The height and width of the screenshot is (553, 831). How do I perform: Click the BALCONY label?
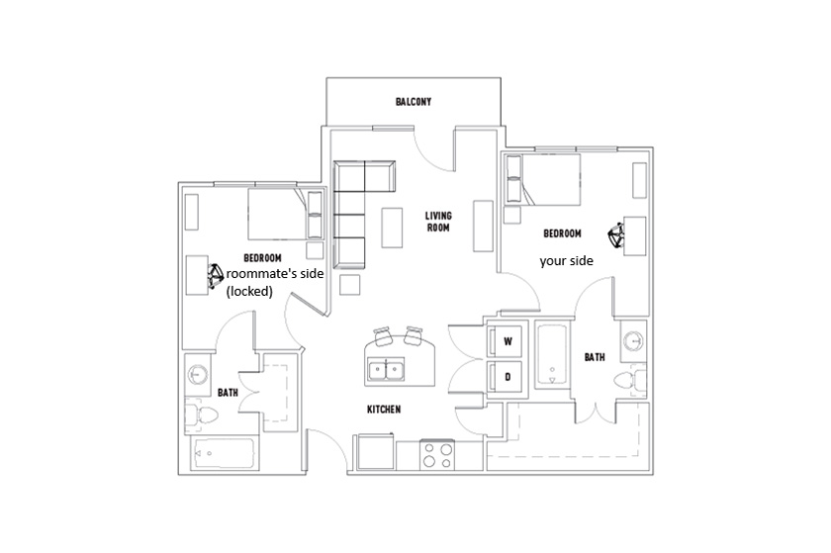[x=414, y=101]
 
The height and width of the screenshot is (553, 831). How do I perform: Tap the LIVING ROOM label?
[x=438, y=222]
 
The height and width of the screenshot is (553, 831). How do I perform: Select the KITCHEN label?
[x=384, y=410]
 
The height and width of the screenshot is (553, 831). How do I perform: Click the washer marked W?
[x=505, y=340]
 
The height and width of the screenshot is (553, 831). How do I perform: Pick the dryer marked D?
[x=505, y=378]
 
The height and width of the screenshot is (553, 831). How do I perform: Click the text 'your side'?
[x=566, y=261]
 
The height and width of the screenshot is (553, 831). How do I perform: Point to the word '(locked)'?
[x=249, y=291]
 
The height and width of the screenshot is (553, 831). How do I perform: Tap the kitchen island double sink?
[x=386, y=369]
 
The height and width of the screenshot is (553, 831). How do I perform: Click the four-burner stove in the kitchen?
[x=437, y=455]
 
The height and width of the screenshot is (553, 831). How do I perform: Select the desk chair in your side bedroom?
[x=615, y=235]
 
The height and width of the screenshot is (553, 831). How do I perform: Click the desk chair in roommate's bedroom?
[x=216, y=275]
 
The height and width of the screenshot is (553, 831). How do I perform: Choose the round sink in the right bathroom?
[x=633, y=339]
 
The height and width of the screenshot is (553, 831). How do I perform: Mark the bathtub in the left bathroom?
[x=225, y=454]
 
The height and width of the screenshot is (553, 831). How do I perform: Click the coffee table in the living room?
[x=392, y=227]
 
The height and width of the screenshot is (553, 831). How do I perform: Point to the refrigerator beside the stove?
[x=375, y=452]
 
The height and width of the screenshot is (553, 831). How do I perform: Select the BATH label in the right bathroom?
[x=595, y=357]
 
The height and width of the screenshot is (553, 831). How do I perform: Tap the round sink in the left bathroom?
[x=197, y=375]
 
